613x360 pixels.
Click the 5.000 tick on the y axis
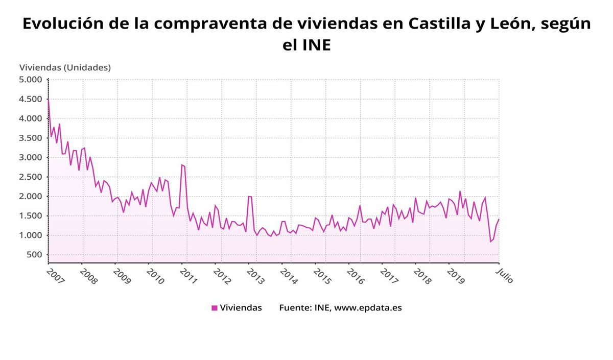coord(30,80)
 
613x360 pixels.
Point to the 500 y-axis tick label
coord(34,255)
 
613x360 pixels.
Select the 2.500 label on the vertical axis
coord(30,177)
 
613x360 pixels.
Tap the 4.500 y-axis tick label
coord(30,99)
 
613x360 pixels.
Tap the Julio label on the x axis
coord(504,276)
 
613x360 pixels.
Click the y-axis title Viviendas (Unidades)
coord(65,67)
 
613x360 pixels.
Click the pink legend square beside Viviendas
coord(215,308)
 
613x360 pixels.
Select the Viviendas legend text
coord(241,308)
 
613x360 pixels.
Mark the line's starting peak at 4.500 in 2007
coord(48,99)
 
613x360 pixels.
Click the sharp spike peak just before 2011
coord(181,164)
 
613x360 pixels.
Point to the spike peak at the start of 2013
coord(249,197)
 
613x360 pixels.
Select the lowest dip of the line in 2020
coord(490,242)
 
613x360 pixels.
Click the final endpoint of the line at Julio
coord(499,219)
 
